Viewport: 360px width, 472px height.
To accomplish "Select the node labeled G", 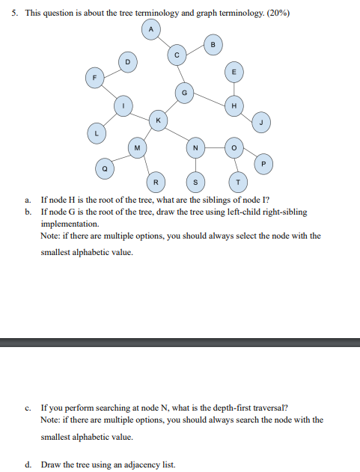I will (x=184, y=92).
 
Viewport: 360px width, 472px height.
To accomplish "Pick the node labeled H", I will (x=235, y=105).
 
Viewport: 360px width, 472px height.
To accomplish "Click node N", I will (x=195, y=147).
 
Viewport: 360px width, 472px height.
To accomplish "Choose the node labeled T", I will (x=237, y=182).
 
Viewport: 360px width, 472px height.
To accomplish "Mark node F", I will (x=94, y=77).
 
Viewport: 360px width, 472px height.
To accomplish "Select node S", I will (x=195, y=182).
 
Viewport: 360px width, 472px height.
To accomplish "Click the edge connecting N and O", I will (x=214, y=147).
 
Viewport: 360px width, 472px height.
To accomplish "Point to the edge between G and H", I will (x=210, y=99).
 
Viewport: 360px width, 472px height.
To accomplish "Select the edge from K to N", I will (x=177, y=133).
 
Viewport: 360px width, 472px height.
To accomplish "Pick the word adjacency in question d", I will (x=135, y=465).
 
